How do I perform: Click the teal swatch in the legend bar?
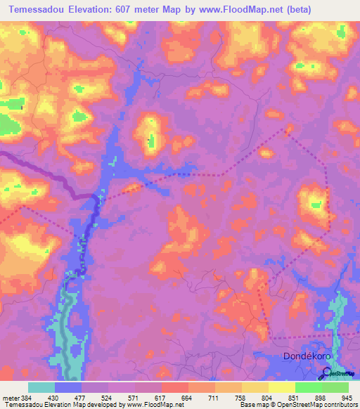point(41,387)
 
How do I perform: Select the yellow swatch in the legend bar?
point(281,387)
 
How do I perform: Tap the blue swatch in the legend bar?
point(68,387)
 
